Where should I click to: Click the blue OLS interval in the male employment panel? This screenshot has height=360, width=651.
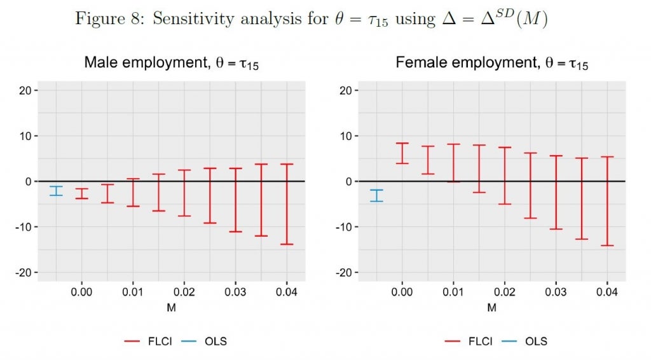pyautogui.click(x=56, y=191)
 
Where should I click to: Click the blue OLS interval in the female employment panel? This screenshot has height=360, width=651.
pyautogui.click(x=376, y=196)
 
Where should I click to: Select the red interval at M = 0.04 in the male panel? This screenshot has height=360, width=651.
pyautogui.click(x=287, y=204)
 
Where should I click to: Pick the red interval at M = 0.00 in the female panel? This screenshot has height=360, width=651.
pyautogui.click(x=402, y=153)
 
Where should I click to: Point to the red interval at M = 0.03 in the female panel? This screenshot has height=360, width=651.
pyautogui.click(x=556, y=192)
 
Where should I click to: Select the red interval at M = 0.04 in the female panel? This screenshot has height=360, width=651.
pyautogui.click(x=607, y=201)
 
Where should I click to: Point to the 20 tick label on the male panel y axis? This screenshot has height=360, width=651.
pyautogui.click(x=25, y=90)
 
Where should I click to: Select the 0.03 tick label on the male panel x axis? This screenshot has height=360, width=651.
pyautogui.click(x=235, y=293)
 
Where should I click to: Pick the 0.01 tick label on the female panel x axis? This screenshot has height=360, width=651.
pyautogui.click(x=453, y=293)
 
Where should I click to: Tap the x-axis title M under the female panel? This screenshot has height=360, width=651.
pyautogui.click(x=491, y=308)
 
